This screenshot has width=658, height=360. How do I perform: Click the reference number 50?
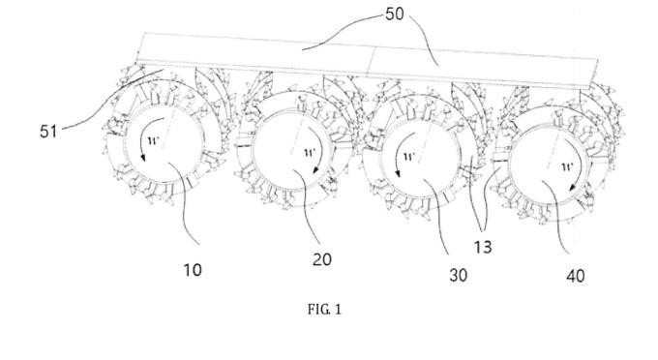[x=395, y=15]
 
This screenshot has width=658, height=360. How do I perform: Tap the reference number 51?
[x=48, y=132]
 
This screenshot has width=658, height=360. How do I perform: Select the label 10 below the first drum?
[x=193, y=270]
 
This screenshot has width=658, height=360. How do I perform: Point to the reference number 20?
[x=322, y=259]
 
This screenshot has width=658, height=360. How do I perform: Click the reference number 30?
[x=459, y=275]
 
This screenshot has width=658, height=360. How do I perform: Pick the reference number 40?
[x=576, y=276]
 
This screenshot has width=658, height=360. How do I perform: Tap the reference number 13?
[x=483, y=247]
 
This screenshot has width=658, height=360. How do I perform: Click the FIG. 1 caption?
[x=324, y=310]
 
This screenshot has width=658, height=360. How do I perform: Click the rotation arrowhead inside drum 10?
[x=143, y=158]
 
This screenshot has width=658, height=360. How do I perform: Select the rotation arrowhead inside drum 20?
[x=316, y=170]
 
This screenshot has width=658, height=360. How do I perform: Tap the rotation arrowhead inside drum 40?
[x=572, y=187]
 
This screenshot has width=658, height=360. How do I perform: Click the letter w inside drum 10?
[x=154, y=140]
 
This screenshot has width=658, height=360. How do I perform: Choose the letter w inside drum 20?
[x=310, y=152]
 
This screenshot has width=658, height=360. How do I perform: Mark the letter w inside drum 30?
[x=409, y=158]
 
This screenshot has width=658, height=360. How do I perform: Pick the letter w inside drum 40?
[x=567, y=167]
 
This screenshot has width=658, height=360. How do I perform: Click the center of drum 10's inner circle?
[x=164, y=143]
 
